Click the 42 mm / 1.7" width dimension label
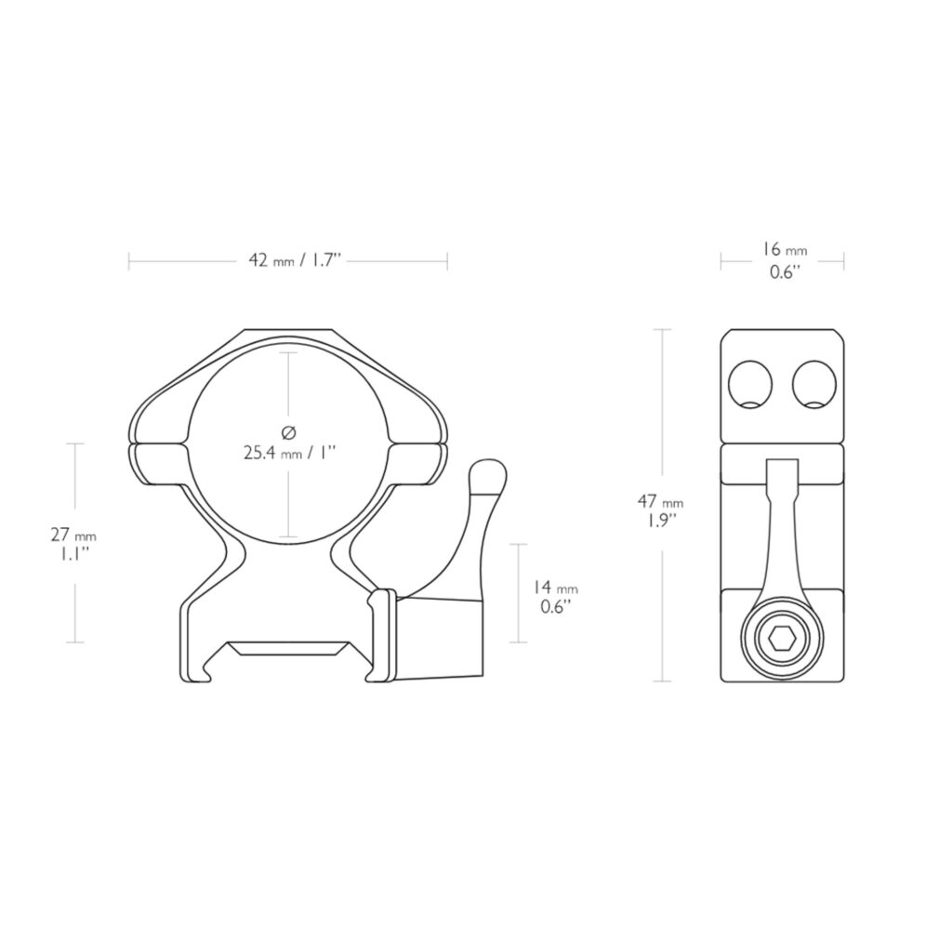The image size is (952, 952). (x=295, y=260)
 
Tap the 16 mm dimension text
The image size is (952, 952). (x=785, y=250)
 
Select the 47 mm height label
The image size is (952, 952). (x=660, y=502)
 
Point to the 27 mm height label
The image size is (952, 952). (x=73, y=535)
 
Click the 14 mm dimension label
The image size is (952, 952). (x=556, y=588)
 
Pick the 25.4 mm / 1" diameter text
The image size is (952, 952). (x=290, y=453)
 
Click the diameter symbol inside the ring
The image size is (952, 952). (x=289, y=432)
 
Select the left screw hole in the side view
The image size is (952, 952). (x=750, y=384)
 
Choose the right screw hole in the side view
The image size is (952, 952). (x=814, y=384)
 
